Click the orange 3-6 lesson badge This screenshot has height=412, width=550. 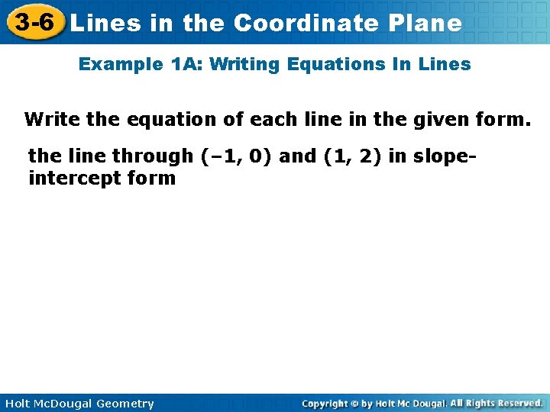(33, 22)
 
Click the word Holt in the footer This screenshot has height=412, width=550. (16, 404)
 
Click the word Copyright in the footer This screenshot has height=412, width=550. (325, 403)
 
